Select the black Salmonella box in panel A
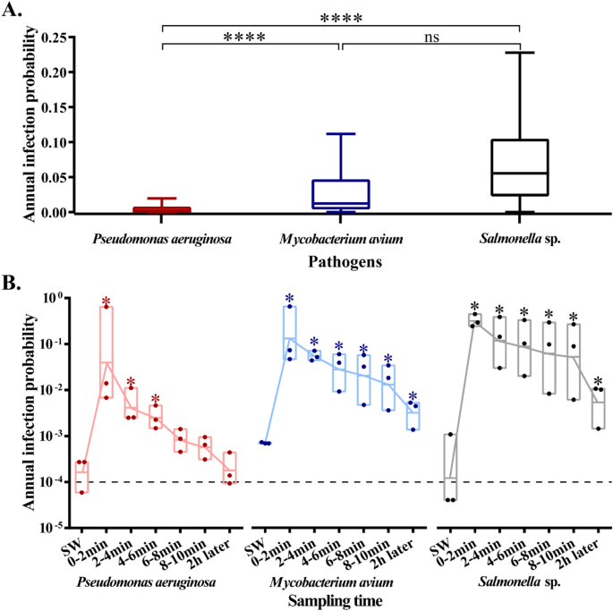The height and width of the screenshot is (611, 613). [x=520, y=167]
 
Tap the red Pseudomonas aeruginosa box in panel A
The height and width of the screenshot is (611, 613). [x=162, y=209]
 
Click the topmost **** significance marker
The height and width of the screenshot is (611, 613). [x=341, y=15]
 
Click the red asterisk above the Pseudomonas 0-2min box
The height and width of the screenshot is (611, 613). [x=106, y=302]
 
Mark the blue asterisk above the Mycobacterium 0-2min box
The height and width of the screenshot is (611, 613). [x=290, y=300]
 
